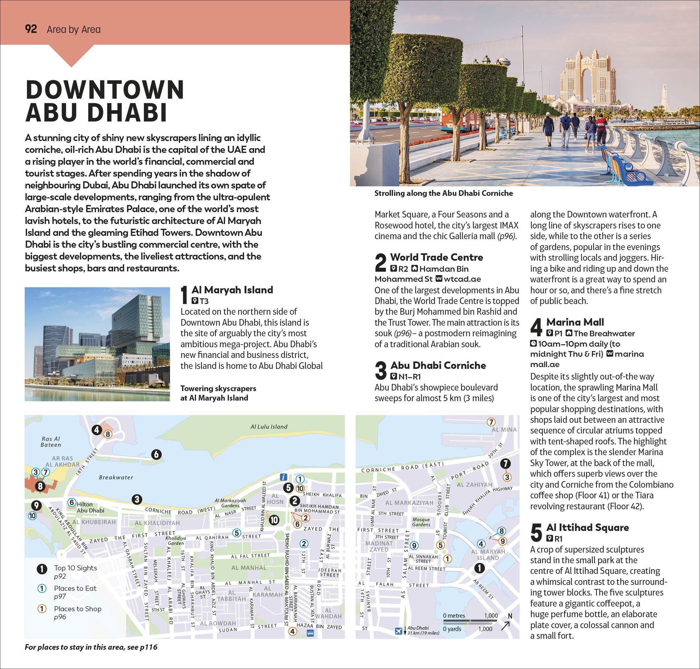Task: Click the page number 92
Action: pyautogui.click(x=31, y=29)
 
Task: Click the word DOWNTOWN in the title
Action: pyautogui.click(x=105, y=90)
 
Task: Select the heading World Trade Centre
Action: pyautogui.click(x=436, y=257)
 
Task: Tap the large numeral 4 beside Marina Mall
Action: pyautogui.click(x=537, y=327)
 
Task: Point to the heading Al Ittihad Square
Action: pyautogui.click(x=587, y=527)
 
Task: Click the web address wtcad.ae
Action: pyautogui.click(x=462, y=279)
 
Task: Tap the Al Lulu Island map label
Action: pyautogui.click(x=269, y=427)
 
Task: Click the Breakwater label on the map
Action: pyautogui.click(x=116, y=477)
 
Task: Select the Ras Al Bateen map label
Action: pyautogui.click(x=51, y=442)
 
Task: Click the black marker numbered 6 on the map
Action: pyautogui.click(x=156, y=454)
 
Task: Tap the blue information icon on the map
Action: pyautogui.click(x=283, y=477)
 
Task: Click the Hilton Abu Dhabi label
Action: pyautogui.click(x=89, y=507)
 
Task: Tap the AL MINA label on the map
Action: pyautogui.click(x=504, y=430)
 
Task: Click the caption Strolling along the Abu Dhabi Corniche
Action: pyautogui.click(x=443, y=193)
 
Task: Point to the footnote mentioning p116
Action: pyautogui.click(x=91, y=647)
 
